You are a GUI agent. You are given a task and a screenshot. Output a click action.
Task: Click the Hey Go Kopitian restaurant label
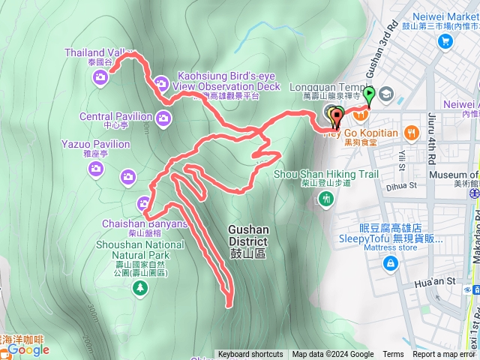coord(360,133)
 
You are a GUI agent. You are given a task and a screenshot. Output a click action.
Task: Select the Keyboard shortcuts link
coord(250,355)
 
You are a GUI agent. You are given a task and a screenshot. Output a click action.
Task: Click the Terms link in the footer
coord(393,355)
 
